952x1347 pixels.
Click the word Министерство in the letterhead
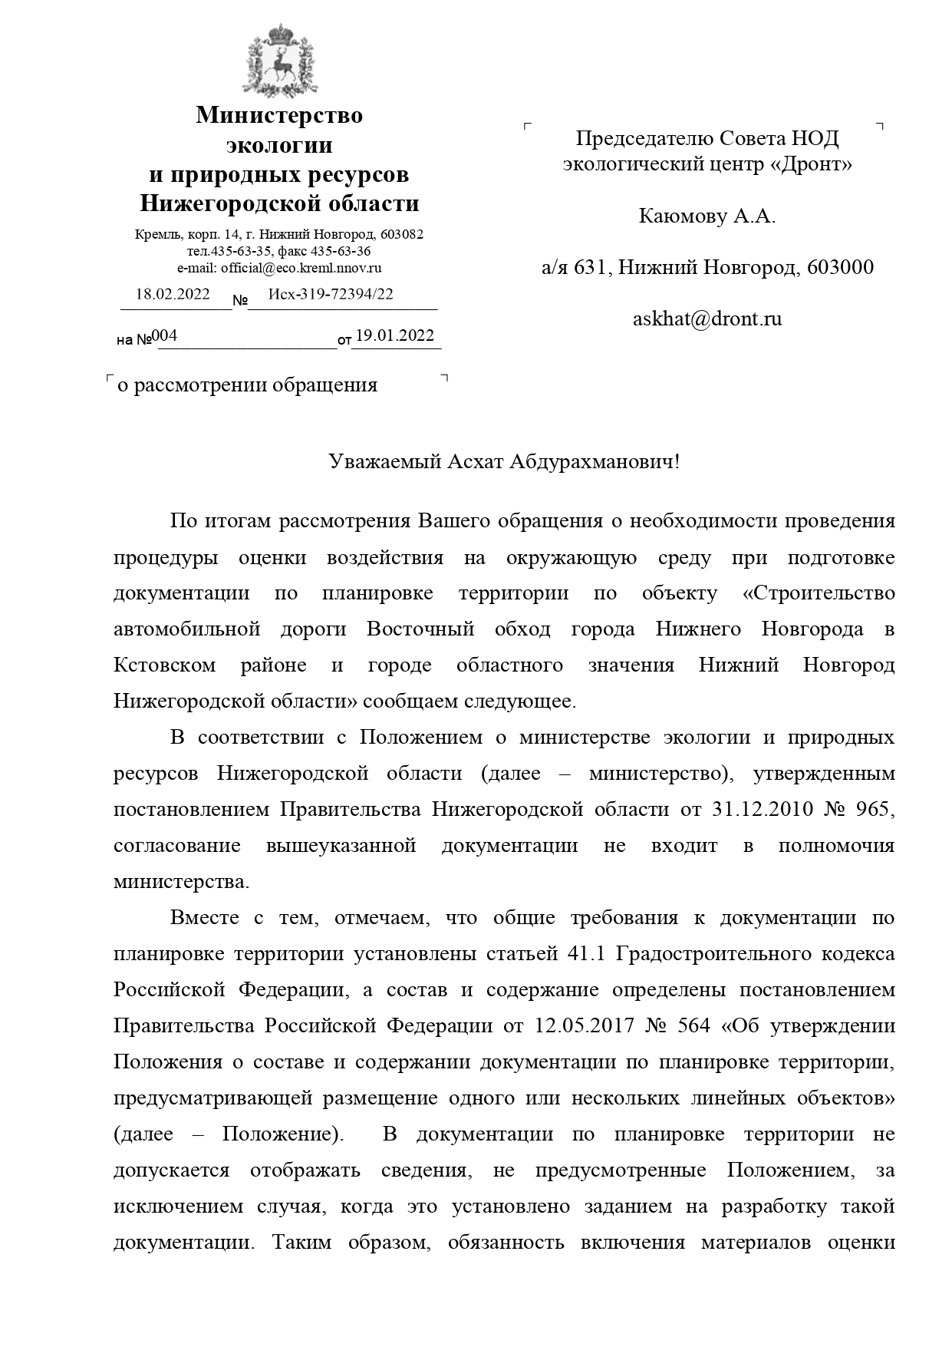(x=279, y=116)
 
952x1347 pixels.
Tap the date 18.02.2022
(x=173, y=294)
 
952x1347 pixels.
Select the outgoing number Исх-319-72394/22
(x=331, y=294)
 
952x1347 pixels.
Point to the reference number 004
(x=165, y=335)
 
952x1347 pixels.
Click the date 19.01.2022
(x=395, y=335)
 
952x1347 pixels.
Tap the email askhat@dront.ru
(x=707, y=319)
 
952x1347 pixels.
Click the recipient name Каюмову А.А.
(x=707, y=216)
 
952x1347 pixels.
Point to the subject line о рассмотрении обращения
(x=247, y=385)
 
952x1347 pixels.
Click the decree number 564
(x=694, y=1026)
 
